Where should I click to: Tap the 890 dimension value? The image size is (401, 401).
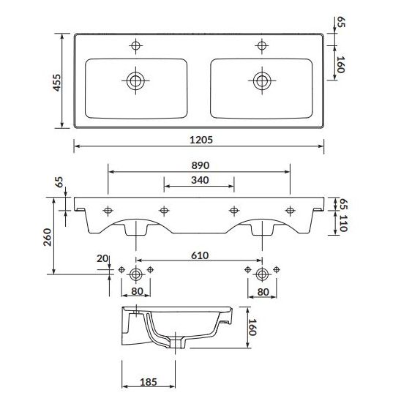click(x=199, y=166)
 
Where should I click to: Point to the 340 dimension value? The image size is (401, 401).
click(x=199, y=180)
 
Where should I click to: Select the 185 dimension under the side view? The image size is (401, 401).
click(x=149, y=383)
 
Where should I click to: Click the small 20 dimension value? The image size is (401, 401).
click(x=102, y=259)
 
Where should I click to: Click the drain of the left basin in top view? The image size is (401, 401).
click(x=136, y=79)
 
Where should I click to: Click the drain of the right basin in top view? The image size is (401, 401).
click(x=261, y=79)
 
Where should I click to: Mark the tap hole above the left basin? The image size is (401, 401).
click(x=136, y=47)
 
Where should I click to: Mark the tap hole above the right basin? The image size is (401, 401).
click(x=261, y=47)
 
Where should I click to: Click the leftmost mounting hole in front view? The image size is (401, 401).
click(x=108, y=211)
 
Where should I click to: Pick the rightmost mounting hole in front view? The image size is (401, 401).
click(x=290, y=211)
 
